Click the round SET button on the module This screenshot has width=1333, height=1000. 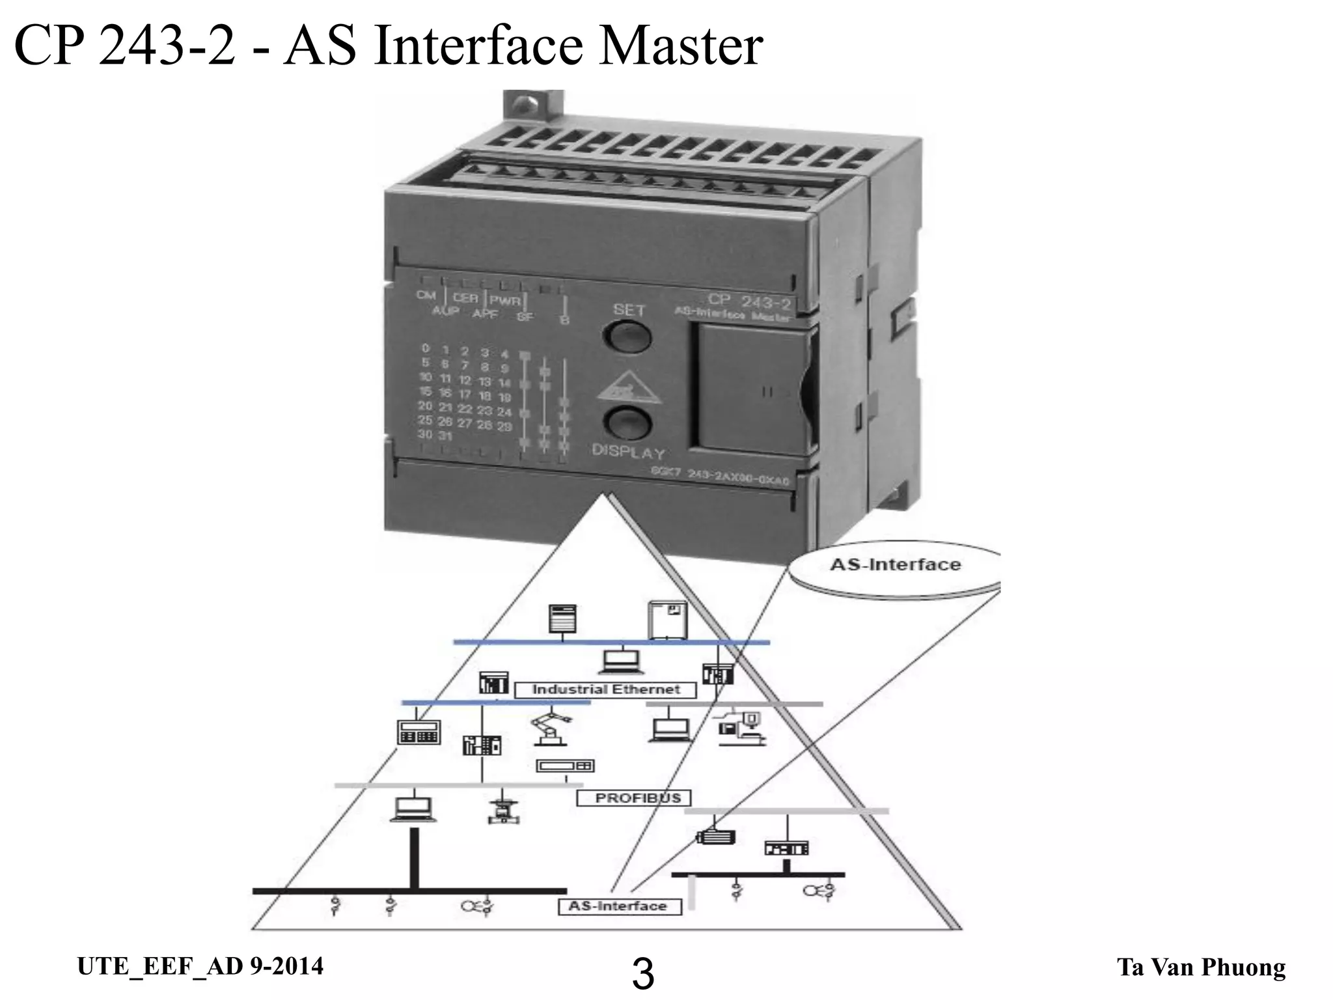click(x=627, y=337)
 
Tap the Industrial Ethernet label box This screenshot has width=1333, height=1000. click(x=605, y=689)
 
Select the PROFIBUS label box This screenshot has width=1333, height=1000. click(x=633, y=798)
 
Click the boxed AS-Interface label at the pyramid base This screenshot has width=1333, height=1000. click(x=619, y=906)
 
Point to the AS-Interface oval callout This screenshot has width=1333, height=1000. click(x=895, y=565)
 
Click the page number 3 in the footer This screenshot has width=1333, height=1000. click(x=643, y=975)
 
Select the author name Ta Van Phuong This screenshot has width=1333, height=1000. click(x=1201, y=967)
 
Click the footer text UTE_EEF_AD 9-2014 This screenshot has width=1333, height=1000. click(x=200, y=966)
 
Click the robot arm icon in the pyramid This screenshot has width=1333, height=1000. click(x=551, y=728)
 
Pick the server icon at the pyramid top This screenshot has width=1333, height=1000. click(x=562, y=619)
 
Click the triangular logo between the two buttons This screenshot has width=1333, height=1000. click(x=626, y=389)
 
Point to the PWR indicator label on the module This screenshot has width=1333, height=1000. click(x=505, y=301)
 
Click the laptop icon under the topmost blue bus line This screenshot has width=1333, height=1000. click(x=621, y=662)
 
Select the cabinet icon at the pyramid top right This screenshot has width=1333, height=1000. click(x=668, y=619)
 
